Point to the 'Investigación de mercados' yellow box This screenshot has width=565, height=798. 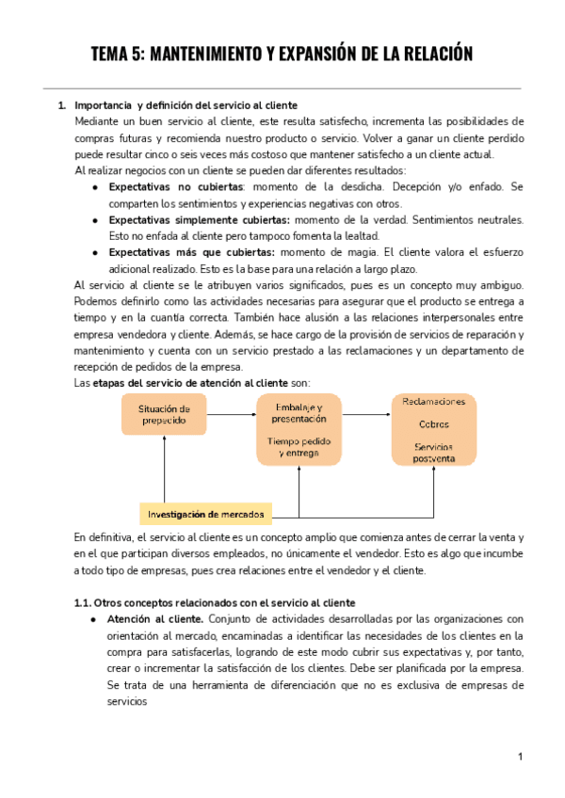[205, 514]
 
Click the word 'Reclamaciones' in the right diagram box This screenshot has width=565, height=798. [433, 402]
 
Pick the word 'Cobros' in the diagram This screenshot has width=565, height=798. [433, 423]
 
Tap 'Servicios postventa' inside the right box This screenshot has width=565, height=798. [433, 452]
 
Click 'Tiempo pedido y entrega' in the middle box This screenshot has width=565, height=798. [297, 447]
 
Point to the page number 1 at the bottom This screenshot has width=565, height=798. [520, 757]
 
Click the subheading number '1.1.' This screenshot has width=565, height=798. [86, 602]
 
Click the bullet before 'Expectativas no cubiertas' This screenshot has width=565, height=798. [96, 187]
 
